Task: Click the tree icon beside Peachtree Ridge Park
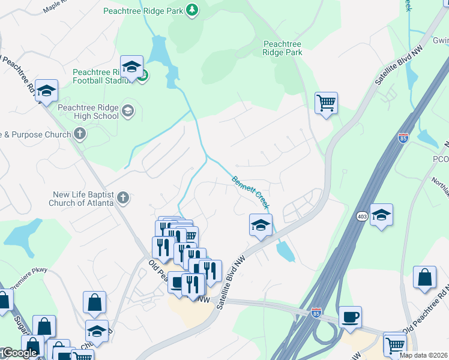pyautogui.click(x=191, y=10)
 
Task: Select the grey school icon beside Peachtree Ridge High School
pyautogui.click(x=128, y=111)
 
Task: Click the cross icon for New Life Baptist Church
pyautogui.click(x=122, y=197)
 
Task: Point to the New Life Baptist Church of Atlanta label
pyautogui.click(x=82, y=197)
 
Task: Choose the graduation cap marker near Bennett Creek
pyautogui.click(x=261, y=225)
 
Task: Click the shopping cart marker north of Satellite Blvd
pyautogui.click(x=326, y=103)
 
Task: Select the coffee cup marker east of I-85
pyautogui.click(x=350, y=317)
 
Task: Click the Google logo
pyautogui.click(x=19, y=353)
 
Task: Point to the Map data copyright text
pyautogui.click(x=424, y=355)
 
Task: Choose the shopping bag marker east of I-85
pyautogui.click(x=425, y=278)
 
